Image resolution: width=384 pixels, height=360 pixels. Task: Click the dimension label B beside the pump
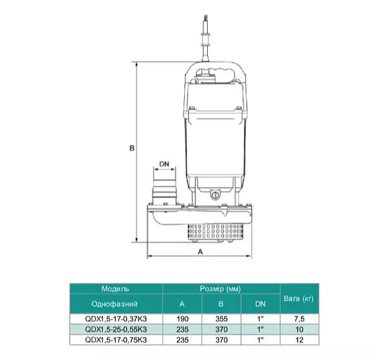point(132,148)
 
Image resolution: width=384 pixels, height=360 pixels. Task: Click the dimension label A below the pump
point(200,252)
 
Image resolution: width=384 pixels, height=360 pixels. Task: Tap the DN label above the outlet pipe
point(164,164)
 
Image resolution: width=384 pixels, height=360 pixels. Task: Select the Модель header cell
point(115,289)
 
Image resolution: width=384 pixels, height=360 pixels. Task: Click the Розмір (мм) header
point(220,289)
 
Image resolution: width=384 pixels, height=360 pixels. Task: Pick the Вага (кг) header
point(299,299)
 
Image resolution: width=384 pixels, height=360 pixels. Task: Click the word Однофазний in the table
point(115,304)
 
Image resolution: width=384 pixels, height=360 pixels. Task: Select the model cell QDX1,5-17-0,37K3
point(116,319)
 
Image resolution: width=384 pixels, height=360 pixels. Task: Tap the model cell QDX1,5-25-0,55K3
point(116,330)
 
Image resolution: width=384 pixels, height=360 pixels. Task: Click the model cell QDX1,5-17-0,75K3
point(116,340)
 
